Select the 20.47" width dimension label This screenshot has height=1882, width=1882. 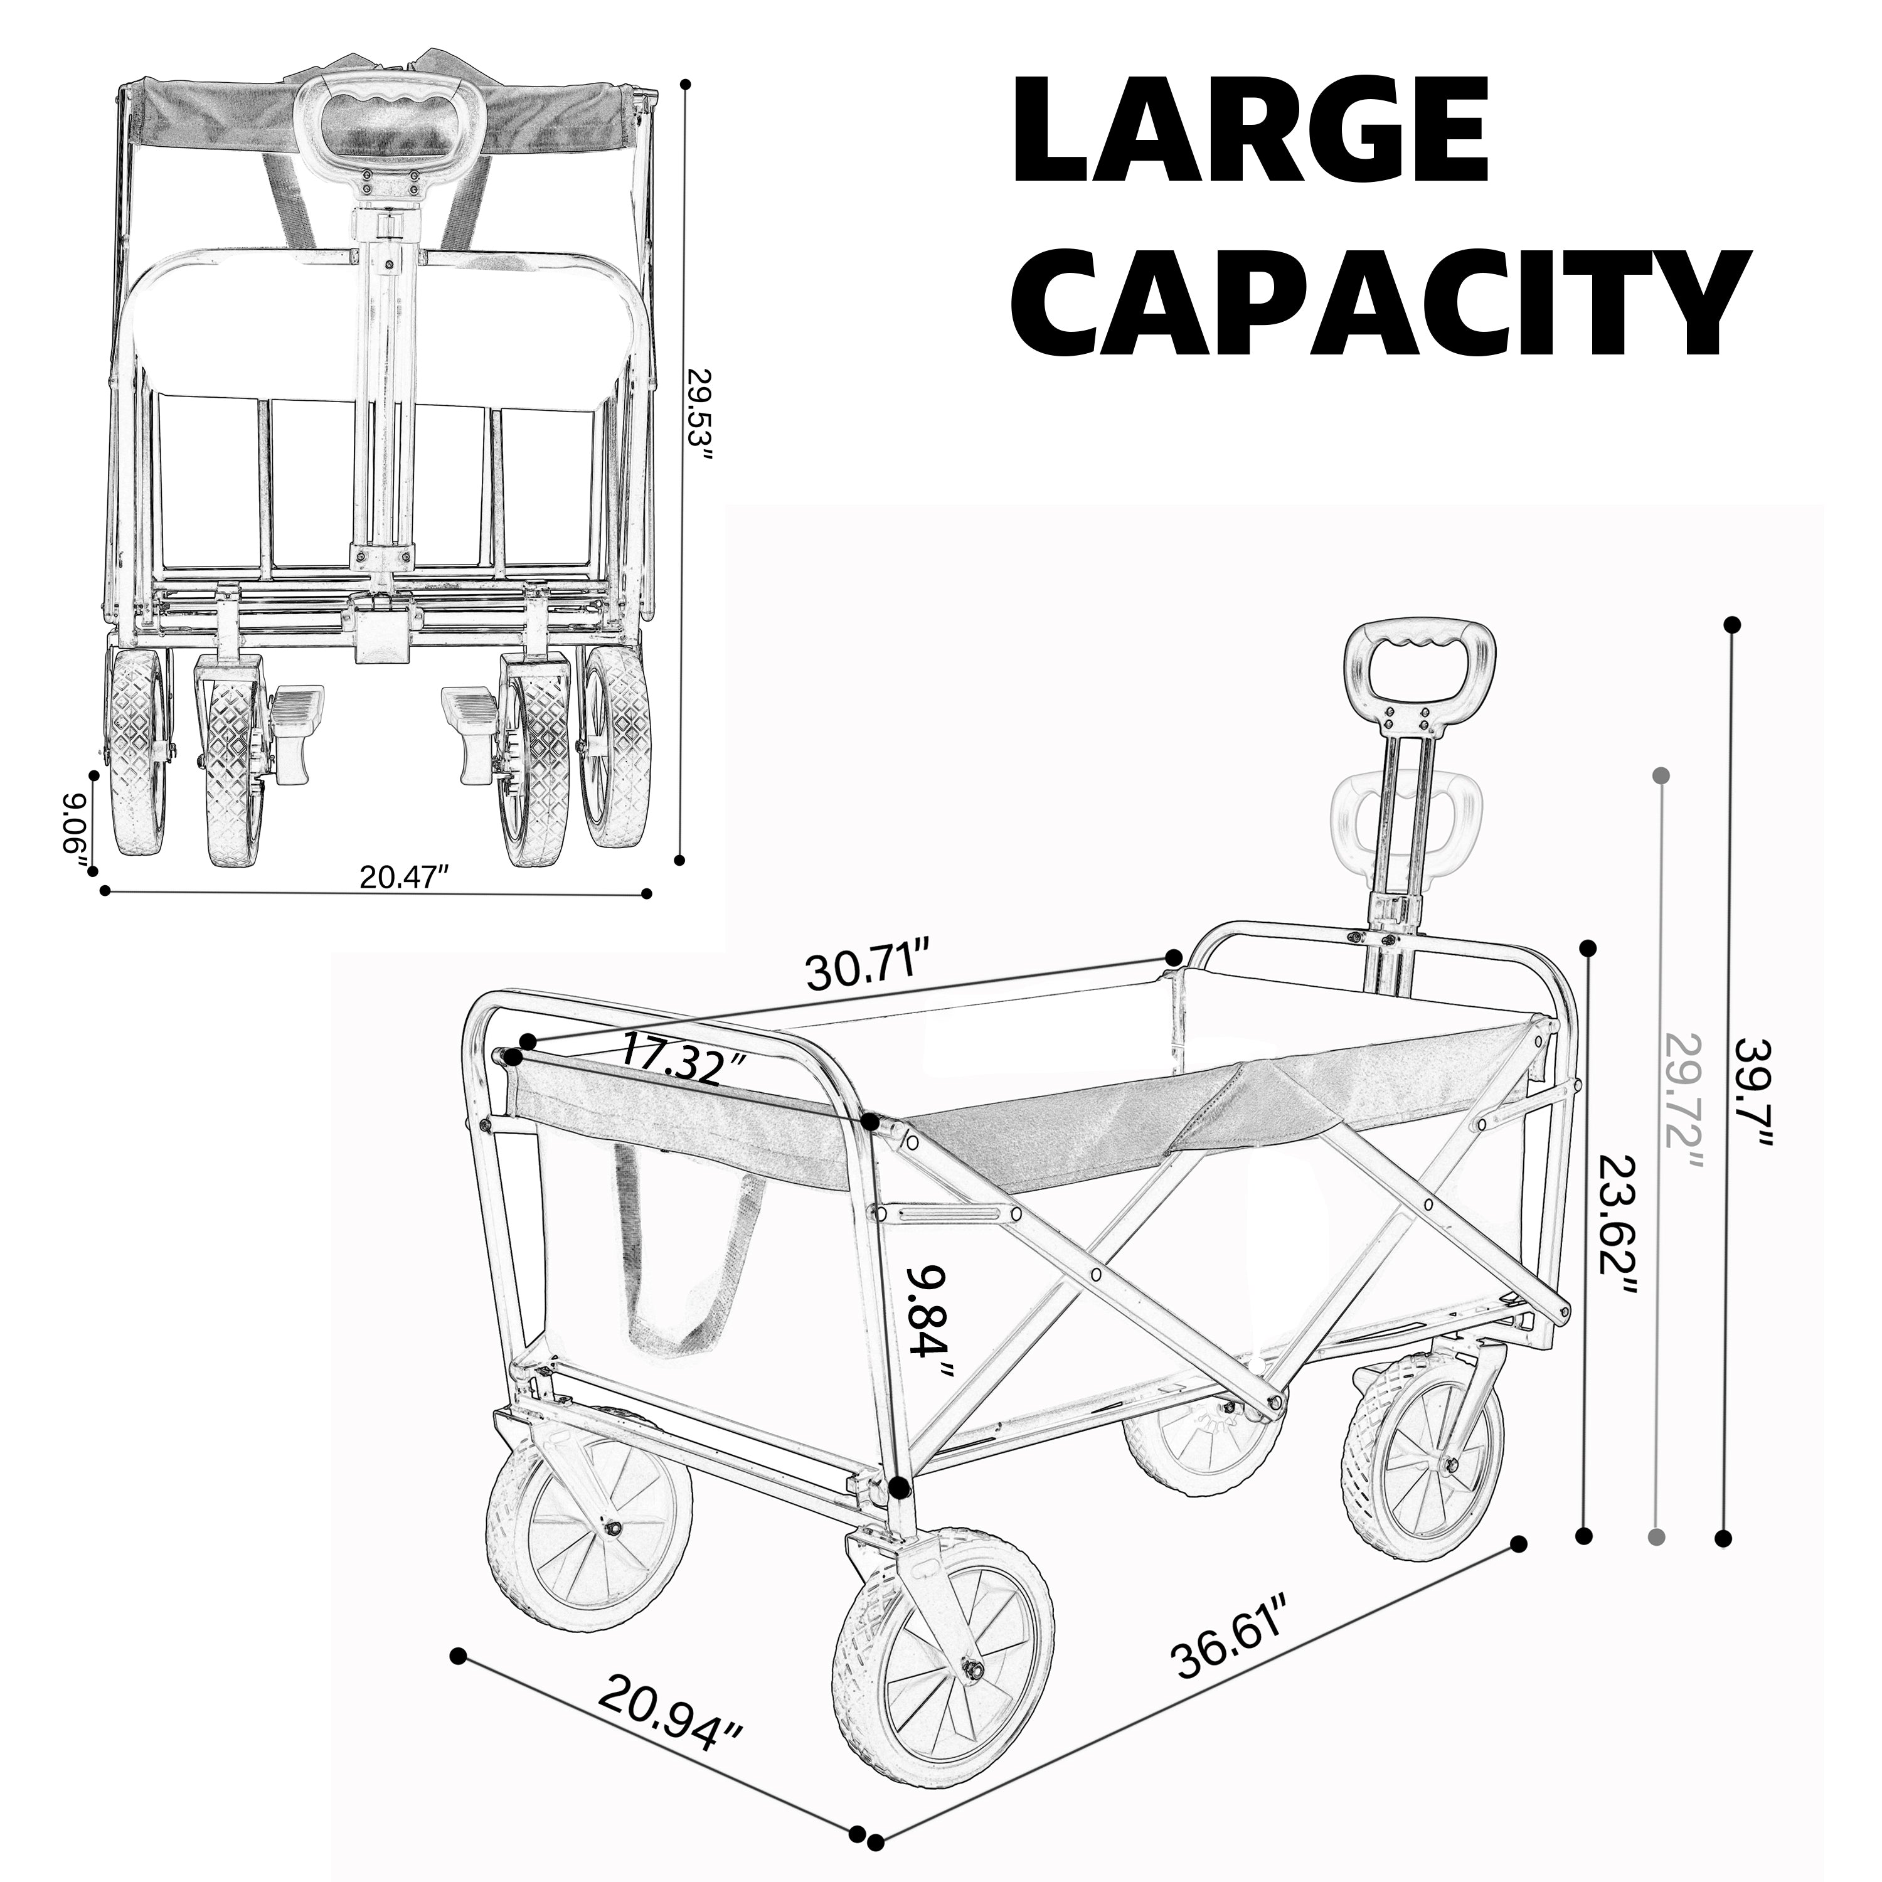[403, 877]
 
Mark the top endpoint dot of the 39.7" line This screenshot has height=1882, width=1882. [1731, 624]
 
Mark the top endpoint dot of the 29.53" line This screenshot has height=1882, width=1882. [686, 85]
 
